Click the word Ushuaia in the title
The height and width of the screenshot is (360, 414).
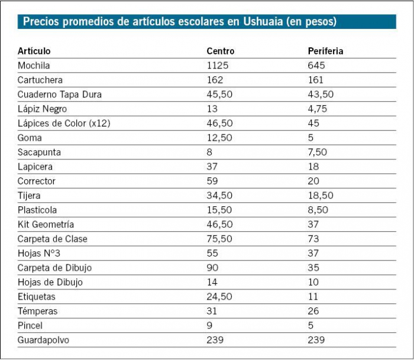click(262, 22)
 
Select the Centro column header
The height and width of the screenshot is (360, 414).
click(221, 51)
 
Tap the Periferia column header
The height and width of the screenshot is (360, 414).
click(325, 51)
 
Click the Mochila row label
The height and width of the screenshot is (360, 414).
click(34, 66)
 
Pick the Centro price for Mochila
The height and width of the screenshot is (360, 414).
click(217, 66)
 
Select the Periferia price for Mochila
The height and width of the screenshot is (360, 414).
click(316, 66)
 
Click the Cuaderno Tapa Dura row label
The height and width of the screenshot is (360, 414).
click(60, 95)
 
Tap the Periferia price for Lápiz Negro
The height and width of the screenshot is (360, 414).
click(317, 109)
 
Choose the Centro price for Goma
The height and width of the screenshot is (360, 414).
click(216, 138)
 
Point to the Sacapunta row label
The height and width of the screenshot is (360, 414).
click(39, 152)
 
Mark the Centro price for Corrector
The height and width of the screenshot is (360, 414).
click(212, 181)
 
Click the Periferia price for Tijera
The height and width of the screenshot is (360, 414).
click(321, 196)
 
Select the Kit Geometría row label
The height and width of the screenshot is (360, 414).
click(46, 225)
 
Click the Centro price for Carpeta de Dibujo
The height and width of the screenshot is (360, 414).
click(212, 268)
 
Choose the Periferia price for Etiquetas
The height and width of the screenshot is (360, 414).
click(313, 297)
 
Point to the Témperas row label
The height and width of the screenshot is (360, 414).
click(38, 311)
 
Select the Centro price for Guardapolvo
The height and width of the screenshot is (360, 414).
click(215, 340)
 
